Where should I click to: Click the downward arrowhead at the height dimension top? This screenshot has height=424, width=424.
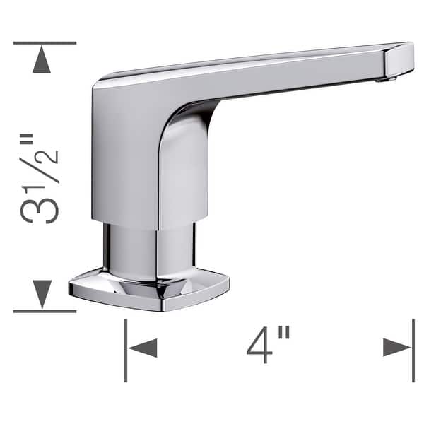click(x=42, y=62)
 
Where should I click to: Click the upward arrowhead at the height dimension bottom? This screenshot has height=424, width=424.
click(x=42, y=292)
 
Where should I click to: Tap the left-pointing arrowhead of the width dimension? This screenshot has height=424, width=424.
click(x=143, y=347)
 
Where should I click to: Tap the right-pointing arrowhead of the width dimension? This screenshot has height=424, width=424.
click(x=396, y=347)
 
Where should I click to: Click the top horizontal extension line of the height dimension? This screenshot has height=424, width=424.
click(x=44, y=43)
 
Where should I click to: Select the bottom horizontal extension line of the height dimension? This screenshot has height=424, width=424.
click(x=44, y=311)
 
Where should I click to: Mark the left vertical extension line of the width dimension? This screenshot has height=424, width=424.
click(x=126, y=350)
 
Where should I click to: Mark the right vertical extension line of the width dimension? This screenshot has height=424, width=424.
click(x=413, y=350)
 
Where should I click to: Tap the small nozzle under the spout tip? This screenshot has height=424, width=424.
click(x=384, y=78)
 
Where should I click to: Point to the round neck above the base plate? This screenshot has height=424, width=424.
click(x=148, y=251)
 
